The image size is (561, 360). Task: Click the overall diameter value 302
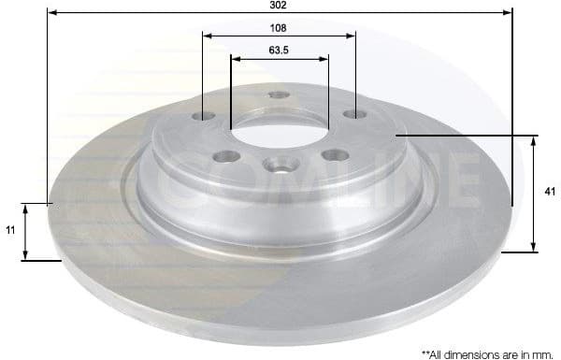(x=279, y=5)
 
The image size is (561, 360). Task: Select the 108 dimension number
(x=278, y=27)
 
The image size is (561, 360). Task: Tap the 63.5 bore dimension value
(x=279, y=50)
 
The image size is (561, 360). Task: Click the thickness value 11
(x=10, y=229)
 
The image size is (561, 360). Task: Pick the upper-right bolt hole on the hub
(x=353, y=114)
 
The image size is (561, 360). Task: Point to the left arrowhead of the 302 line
(x=50, y=13)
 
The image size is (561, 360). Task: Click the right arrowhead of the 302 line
(x=510, y=13)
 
